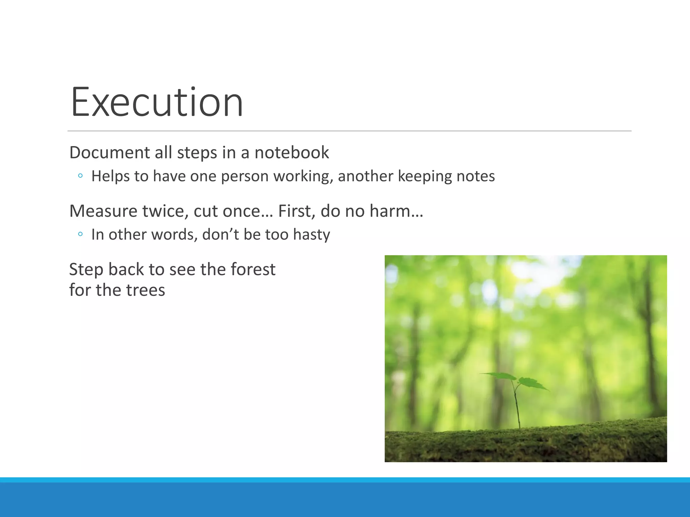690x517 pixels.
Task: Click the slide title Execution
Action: [157, 102]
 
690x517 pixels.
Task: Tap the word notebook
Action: [291, 153]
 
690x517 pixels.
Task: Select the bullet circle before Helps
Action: [80, 176]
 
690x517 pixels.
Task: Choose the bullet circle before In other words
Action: [80, 234]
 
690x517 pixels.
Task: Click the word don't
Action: [220, 235]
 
